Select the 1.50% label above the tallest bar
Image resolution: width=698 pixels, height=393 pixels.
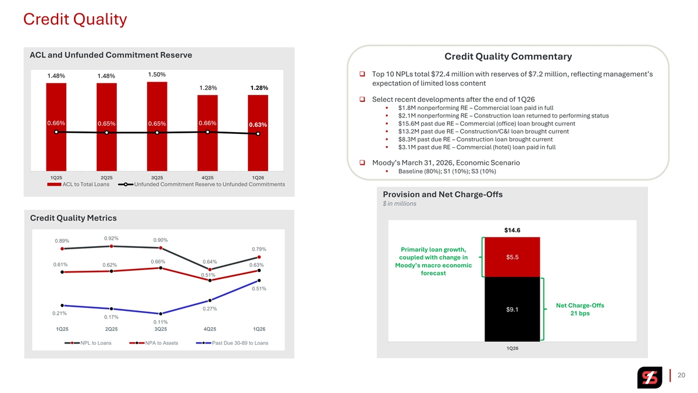157,75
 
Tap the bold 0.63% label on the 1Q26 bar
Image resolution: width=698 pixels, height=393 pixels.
258,125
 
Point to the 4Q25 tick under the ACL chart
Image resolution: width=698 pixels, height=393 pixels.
207,177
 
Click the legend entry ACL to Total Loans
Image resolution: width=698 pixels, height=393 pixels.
86,185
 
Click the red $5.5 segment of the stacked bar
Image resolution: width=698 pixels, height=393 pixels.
512,257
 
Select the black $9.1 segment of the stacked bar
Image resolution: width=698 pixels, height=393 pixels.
512,309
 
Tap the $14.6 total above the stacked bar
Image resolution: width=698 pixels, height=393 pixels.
512,230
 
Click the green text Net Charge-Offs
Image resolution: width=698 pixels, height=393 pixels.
580,306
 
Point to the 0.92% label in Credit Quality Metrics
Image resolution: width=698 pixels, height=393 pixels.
111,238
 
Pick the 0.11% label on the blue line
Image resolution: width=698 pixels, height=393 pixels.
161,322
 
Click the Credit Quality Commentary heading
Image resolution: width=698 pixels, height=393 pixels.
508,56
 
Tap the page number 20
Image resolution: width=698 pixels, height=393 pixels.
682,375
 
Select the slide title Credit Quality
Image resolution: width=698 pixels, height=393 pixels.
74,19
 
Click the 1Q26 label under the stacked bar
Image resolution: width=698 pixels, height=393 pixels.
512,348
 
